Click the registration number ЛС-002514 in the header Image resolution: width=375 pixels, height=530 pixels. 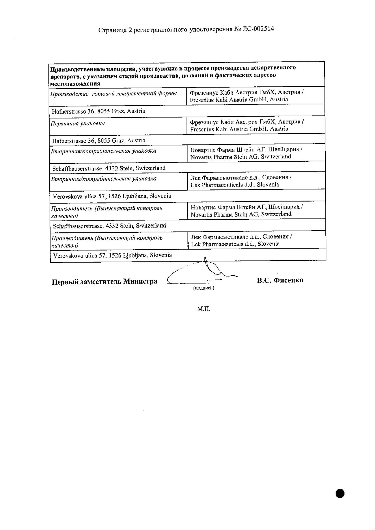(258, 29)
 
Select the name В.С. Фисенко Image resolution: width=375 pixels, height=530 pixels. (280, 280)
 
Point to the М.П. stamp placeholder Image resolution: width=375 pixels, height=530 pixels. (203, 309)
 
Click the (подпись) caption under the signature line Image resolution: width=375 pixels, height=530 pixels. (203, 288)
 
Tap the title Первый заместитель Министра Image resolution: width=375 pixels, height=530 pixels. (104, 281)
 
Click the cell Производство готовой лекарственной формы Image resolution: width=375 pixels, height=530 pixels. (114, 94)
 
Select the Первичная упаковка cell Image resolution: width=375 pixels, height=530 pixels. (78, 123)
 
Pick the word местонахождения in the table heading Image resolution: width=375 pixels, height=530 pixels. (75, 84)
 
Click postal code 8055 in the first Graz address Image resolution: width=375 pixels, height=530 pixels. (103, 111)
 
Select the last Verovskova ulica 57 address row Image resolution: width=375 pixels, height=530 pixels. (112, 255)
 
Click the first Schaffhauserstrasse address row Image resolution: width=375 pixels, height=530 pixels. (109, 168)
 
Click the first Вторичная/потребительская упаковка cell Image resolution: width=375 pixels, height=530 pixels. (104, 151)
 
